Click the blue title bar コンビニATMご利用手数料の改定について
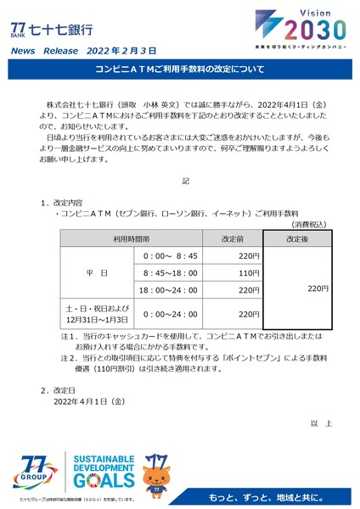(x=180, y=68)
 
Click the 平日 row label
(x=97, y=272)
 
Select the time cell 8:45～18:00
(x=171, y=272)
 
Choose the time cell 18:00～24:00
(x=171, y=290)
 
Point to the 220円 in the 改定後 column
(x=318, y=289)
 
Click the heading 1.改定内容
(x=61, y=204)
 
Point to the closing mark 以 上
(x=322, y=422)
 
